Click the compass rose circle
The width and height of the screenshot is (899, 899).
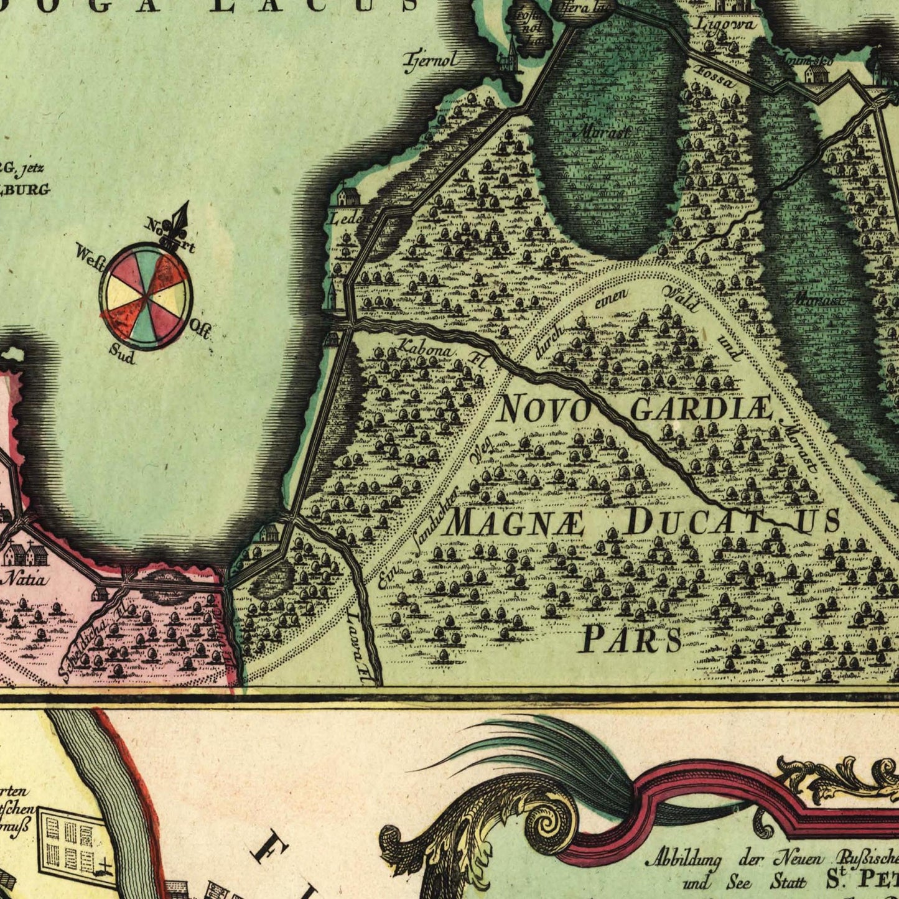[146, 296]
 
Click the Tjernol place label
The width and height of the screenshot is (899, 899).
[432, 60]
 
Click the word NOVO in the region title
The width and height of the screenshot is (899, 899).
[544, 409]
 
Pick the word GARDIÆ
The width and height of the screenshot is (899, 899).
[701, 409]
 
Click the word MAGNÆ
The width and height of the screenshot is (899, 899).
[515, 523]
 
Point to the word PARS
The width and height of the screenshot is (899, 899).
[630, 639]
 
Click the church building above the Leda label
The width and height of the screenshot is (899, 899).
[346, 197]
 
